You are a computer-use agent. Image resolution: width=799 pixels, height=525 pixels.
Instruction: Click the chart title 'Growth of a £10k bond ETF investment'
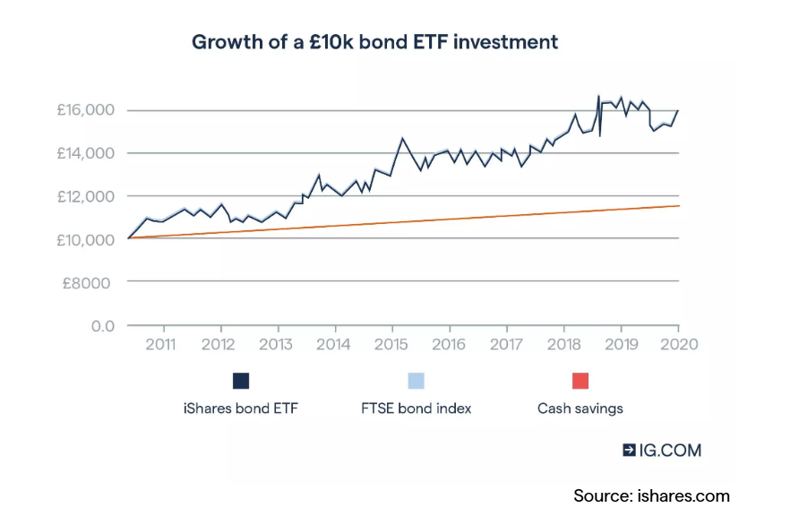(375, 42)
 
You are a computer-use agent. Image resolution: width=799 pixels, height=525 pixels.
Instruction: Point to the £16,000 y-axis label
(87, 110)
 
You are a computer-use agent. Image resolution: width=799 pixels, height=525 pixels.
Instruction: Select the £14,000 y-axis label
(87, 153)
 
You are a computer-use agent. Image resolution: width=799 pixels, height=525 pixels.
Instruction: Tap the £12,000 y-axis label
(87, 196)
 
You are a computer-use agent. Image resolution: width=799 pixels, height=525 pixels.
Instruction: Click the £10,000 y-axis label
(87, 239)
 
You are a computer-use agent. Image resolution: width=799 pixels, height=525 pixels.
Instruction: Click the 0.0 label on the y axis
(103, 325)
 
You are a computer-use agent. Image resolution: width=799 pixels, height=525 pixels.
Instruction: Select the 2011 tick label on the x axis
(160, 344)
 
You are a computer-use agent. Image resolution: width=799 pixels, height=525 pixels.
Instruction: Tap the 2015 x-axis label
(391, 344)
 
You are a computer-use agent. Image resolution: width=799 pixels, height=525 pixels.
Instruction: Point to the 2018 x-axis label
(563, 344)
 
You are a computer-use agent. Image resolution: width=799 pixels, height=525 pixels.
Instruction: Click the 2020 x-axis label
(678, 344)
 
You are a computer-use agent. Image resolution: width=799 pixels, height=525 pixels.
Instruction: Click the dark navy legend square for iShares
(241, 381)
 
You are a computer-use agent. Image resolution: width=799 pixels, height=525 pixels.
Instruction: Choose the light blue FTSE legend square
(416, 381)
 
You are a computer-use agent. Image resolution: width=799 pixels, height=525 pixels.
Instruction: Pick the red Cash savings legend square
(580, 381)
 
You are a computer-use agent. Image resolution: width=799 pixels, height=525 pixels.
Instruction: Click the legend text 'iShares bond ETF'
(241, 409)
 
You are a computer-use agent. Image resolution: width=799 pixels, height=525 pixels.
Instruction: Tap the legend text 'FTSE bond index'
(416, 409)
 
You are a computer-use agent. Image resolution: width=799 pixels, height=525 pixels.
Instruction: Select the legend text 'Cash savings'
(580, 409)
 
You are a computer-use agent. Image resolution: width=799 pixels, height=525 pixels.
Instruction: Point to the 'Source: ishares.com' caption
(651, 495)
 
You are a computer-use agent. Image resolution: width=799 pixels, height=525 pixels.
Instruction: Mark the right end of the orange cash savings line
(678, 206)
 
